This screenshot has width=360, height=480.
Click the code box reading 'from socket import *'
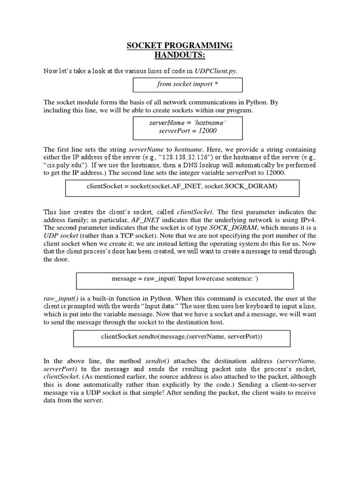(187, 84)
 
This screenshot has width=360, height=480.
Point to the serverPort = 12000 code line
(187, 131)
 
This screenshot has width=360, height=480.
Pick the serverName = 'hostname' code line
(187, 122)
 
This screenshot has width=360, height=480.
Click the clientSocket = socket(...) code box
(182, 187)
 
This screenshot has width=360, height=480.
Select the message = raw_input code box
(185, 279)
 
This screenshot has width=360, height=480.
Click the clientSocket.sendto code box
(182, 337)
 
